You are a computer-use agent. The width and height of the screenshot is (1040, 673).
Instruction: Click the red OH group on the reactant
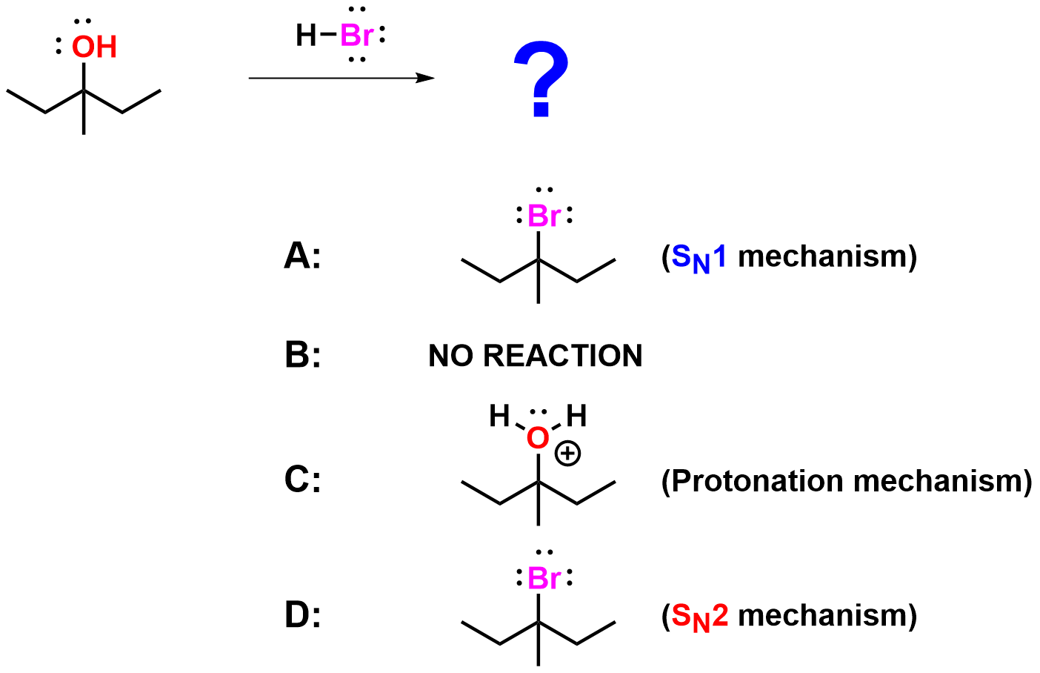click(x=94, y=47)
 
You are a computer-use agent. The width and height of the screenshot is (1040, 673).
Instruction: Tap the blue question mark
click(x=541, y=79)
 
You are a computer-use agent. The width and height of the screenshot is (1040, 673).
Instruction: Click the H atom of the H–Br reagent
click(x=305, y=35)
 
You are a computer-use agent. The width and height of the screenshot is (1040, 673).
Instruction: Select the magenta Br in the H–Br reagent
click(x=356, y=36)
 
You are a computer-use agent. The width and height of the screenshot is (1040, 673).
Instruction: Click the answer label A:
click(x=302, y=256)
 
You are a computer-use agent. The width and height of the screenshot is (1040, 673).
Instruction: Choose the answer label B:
click(x=302, y=356)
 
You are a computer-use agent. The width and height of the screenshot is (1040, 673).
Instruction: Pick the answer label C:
click(x=302, y=480)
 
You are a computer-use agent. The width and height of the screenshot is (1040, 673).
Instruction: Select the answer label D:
click(x=302, y=615)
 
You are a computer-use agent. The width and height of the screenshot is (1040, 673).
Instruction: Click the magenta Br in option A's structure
click(x=544, y=216)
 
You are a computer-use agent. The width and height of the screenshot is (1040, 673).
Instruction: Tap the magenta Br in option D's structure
click(x=544, y=578)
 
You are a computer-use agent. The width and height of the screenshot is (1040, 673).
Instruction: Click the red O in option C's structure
click(x=538, y=438)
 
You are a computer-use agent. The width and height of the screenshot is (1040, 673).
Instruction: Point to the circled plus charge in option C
click(x=568, y=453)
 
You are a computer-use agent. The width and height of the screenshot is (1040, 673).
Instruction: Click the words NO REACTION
click(x=535, y=356)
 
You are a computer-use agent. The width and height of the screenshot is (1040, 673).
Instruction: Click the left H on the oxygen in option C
click(x=500, y=417)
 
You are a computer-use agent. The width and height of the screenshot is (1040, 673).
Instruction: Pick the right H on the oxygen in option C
click(x=576, y=417)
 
